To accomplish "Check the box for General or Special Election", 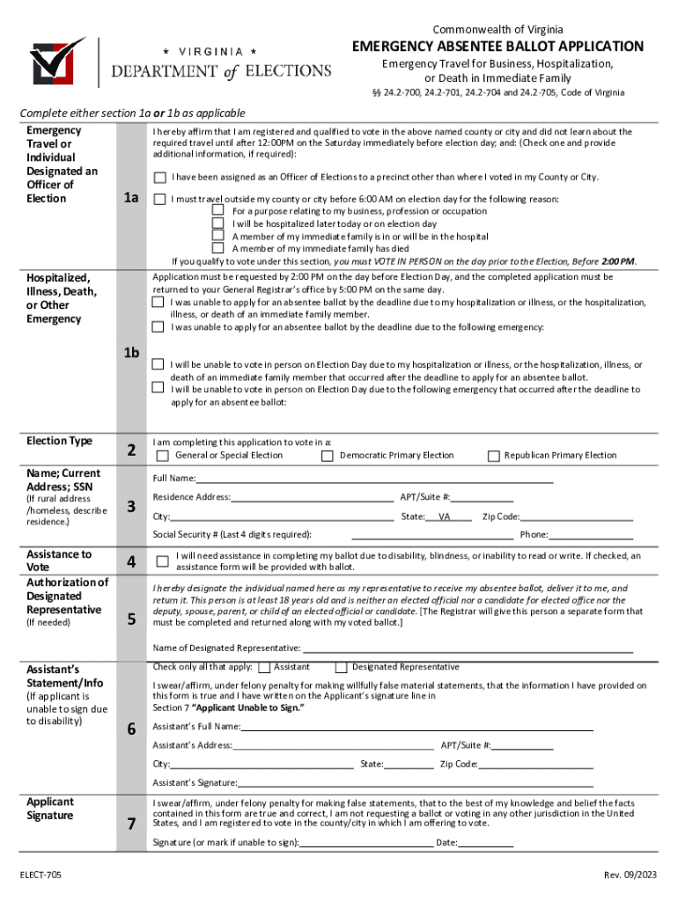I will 162,456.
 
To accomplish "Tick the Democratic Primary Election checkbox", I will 327,456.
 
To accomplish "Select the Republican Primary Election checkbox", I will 493,456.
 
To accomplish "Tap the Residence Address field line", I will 313,500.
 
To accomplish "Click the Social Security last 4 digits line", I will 432,537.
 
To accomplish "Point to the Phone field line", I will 591,537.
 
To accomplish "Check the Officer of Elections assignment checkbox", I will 160,178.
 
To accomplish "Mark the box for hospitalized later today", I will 218,224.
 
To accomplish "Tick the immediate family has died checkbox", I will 218,249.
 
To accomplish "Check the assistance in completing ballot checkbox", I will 162,560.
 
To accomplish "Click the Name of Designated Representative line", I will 467,650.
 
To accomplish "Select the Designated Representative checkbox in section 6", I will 343,668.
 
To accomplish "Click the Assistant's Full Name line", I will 416,729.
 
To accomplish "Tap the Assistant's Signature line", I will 415,785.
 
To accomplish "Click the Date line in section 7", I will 486,846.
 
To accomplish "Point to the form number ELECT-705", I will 44,875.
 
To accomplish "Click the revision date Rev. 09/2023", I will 629,875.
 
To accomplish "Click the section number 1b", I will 132,353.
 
